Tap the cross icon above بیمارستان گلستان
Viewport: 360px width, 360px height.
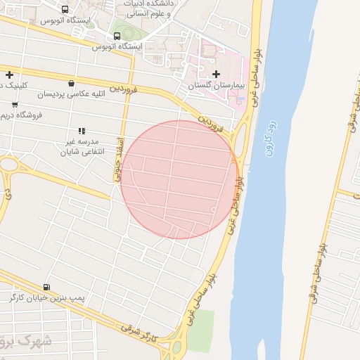pos(215,74)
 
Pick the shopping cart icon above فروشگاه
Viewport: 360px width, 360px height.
pos(15,105)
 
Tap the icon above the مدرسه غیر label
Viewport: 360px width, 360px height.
pos(82,131)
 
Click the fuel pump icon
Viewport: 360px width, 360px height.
pos(46,286)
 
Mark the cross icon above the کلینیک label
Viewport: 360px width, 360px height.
pos(9,75)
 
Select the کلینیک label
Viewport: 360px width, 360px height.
pos(11,85)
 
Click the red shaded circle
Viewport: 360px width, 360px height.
pos(180,179)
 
